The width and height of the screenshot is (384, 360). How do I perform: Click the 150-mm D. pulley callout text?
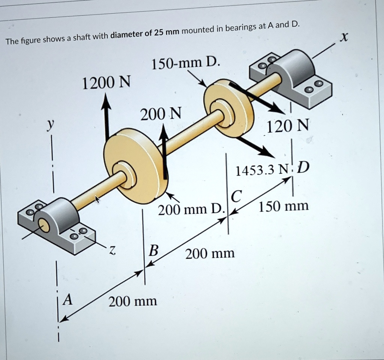click(184, 64)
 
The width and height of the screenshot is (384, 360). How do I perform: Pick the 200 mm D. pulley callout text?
click(190, 209)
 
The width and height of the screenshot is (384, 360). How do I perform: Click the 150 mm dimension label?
click(284, 206)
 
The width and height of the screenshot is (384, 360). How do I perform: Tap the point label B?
click(153, 250)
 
